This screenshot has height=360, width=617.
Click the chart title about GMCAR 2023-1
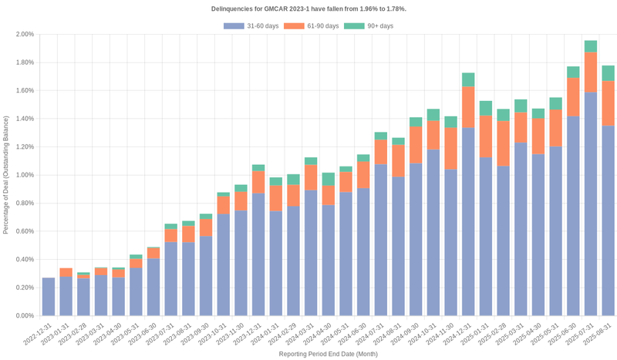coord(308,8)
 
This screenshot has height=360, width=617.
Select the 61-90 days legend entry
coord(312,26)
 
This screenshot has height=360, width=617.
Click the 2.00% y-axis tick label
coord(23,35)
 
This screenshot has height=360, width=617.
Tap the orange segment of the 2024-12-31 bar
coord(468,107)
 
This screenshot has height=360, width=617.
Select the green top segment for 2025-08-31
coord(609,73)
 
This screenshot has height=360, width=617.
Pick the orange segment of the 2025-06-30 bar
coord(573,97)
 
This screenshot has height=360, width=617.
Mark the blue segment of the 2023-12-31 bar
coord(258,254)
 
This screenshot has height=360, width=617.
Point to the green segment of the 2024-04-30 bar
coord(328,179)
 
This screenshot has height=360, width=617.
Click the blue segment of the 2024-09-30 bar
coord(416,239)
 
